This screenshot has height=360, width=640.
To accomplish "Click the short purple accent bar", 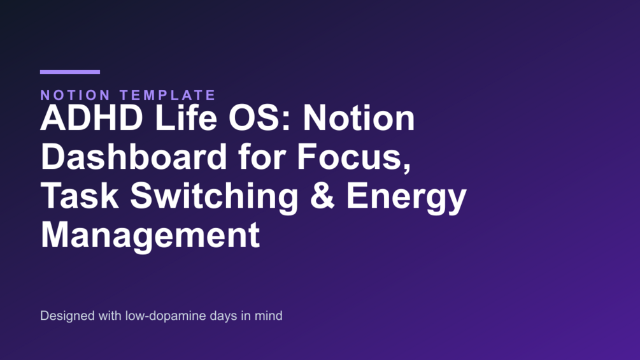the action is point(70,72).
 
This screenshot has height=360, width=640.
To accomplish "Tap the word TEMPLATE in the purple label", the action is point(167,95).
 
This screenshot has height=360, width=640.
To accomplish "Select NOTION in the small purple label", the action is point(76,95).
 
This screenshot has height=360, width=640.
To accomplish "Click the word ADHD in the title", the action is point(92,118).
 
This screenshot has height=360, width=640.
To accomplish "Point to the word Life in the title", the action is point(186,118).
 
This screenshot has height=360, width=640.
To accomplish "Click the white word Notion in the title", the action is point(359,118).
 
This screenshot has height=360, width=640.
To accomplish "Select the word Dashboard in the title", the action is point(134,157).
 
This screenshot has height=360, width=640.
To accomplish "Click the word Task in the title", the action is point(79,196).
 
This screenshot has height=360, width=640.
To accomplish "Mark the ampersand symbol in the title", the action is point(322,196).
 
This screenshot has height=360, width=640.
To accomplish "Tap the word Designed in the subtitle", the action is point(68,316).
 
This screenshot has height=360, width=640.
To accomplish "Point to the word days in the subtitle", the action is point(224,316).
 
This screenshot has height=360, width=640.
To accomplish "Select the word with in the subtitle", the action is point(110,315).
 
